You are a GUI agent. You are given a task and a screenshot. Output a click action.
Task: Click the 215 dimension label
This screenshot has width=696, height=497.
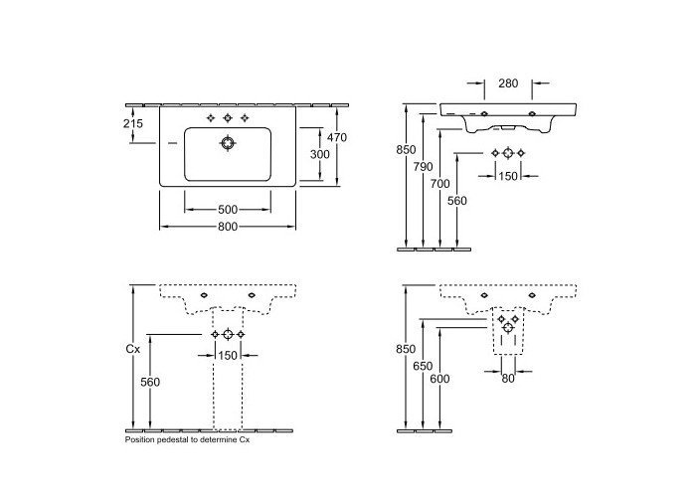point(133,123)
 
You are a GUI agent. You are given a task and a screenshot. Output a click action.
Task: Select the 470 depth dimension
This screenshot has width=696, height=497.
point(337,138)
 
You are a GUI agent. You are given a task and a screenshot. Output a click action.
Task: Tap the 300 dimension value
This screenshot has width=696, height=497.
point(317,154)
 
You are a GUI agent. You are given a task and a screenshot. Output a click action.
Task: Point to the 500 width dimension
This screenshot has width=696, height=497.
point(228,210)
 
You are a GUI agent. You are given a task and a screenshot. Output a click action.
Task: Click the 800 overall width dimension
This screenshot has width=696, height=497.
point(228,227)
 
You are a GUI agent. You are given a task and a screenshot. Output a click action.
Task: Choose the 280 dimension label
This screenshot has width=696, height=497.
point(508,84)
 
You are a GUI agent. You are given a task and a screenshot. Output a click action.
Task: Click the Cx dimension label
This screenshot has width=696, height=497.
point(132,350)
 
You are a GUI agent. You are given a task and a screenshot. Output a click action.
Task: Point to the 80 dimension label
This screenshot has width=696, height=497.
point(508,378)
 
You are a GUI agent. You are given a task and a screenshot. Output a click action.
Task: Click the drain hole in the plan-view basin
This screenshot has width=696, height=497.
point(228,143)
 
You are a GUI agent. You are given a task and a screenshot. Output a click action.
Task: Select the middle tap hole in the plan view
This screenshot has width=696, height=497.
point(228,117)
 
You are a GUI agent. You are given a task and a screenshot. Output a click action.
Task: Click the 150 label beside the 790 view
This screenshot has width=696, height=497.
point(508,176)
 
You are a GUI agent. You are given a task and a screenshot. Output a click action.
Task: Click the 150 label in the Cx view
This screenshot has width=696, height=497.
point(228,355)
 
